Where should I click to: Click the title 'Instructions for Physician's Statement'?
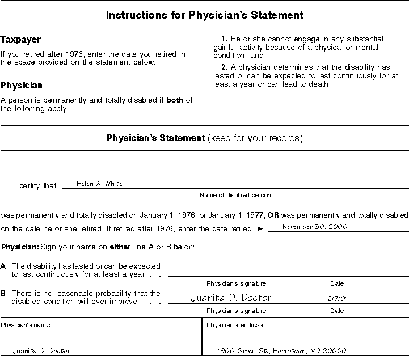pyautogui.click(x=205, y=15)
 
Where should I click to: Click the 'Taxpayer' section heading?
pyautogui.click(x=20, y=40)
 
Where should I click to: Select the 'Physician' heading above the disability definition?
pyautogui.click(x=22, y=86)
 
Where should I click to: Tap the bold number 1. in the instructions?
pyautogui.click(x=225, y=39)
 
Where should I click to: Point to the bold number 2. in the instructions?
pyautogui.click(x=225, y=67)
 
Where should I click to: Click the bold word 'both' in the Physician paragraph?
pyautogui.click(x=175, y=101)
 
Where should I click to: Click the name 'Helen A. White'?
pyautogui.click(x=100, y=184)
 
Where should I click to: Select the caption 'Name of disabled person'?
pyautogui.click(x=235, y=195)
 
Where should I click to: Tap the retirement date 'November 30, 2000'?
pyautogui.click(x=315, y=226)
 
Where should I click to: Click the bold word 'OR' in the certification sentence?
pyautogui.click(x=273, y=215)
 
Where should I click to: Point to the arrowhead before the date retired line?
pyautogui.click(x=260, y=229)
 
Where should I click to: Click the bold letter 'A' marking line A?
pyautogui.click(x=3, y=266)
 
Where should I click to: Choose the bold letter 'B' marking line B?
pyautogui.click(x=3, y=294)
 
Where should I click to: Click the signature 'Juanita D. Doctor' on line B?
pyautogui.click(x=230, y=298)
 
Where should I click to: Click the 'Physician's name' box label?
pyautogui.click(x=26, y=325)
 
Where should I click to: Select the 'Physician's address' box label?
pyautogui.click(x=234, y=325)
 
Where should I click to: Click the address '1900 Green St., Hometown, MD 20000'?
pyautogui.click(x=282, y=351)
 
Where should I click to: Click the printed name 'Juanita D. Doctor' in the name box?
pyautogui.click(x=42, y=351)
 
